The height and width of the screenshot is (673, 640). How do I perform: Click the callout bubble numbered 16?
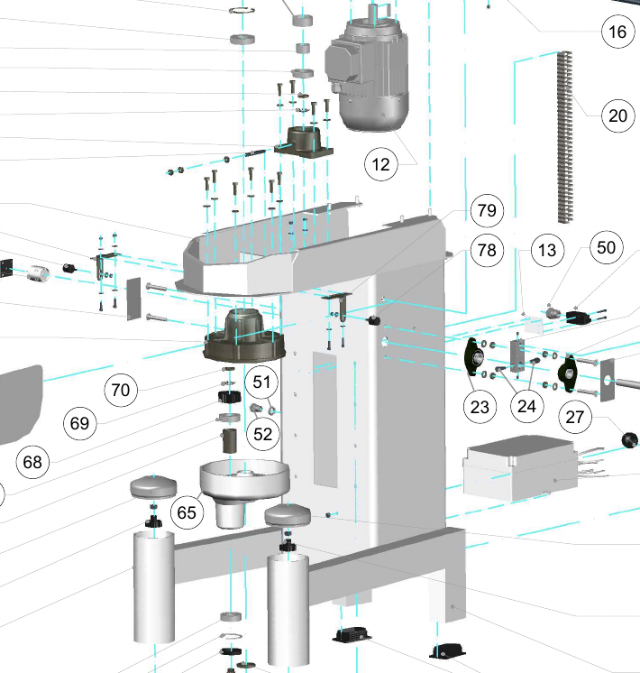click(617, 32)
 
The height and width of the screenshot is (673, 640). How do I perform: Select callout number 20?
click(617, 115)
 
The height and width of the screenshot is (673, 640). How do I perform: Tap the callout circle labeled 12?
click(381, 165)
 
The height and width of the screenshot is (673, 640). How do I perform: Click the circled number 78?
click(487, 251)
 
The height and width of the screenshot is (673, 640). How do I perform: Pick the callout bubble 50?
click(607, 246)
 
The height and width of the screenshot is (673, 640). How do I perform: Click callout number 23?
click(480, 407)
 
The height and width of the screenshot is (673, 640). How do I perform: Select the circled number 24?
click(526, 407)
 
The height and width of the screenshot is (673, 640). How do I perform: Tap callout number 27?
click(576, 416)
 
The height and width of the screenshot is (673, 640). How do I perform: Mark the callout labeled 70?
click(120, 391)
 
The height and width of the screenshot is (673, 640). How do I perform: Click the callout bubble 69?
click(80, 422)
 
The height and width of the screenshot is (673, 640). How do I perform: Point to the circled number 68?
click(33, 462)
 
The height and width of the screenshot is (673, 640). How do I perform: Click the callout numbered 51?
click(261, 383)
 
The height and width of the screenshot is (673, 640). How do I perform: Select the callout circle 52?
click(263, 434)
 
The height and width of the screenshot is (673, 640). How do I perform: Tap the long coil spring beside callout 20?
click(566, 135)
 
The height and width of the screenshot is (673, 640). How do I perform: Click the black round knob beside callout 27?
click(629, 439)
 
